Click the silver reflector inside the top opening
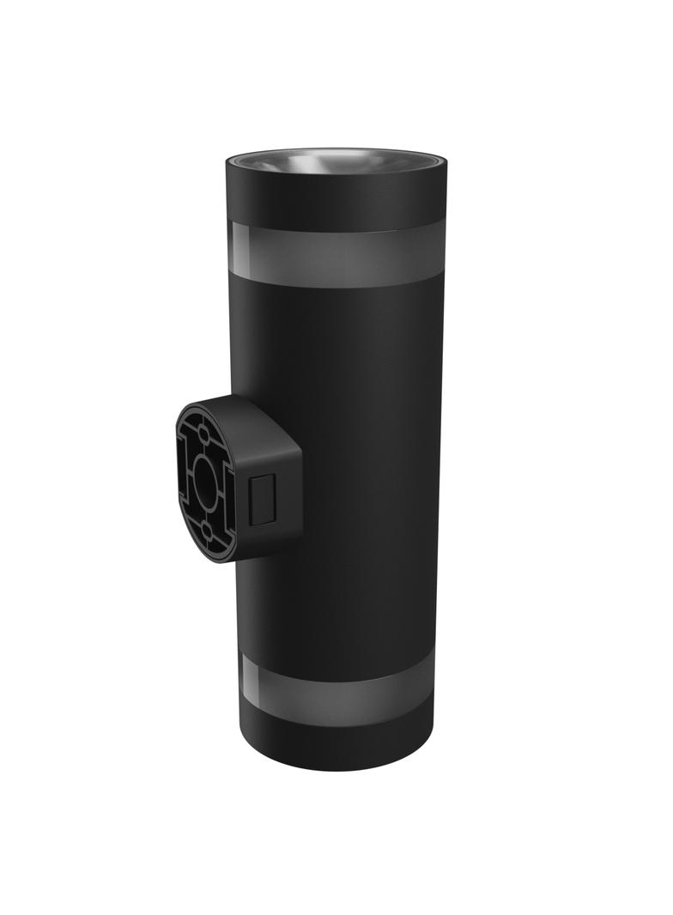coord(335,163)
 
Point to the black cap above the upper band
coord(335,197)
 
